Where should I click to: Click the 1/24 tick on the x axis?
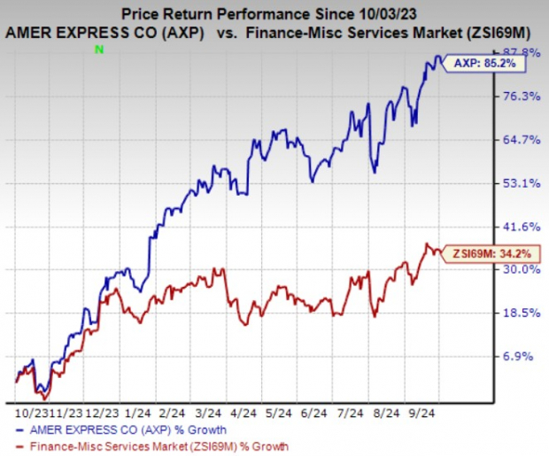click(138, 413)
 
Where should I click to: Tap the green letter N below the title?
click(98, 50)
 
